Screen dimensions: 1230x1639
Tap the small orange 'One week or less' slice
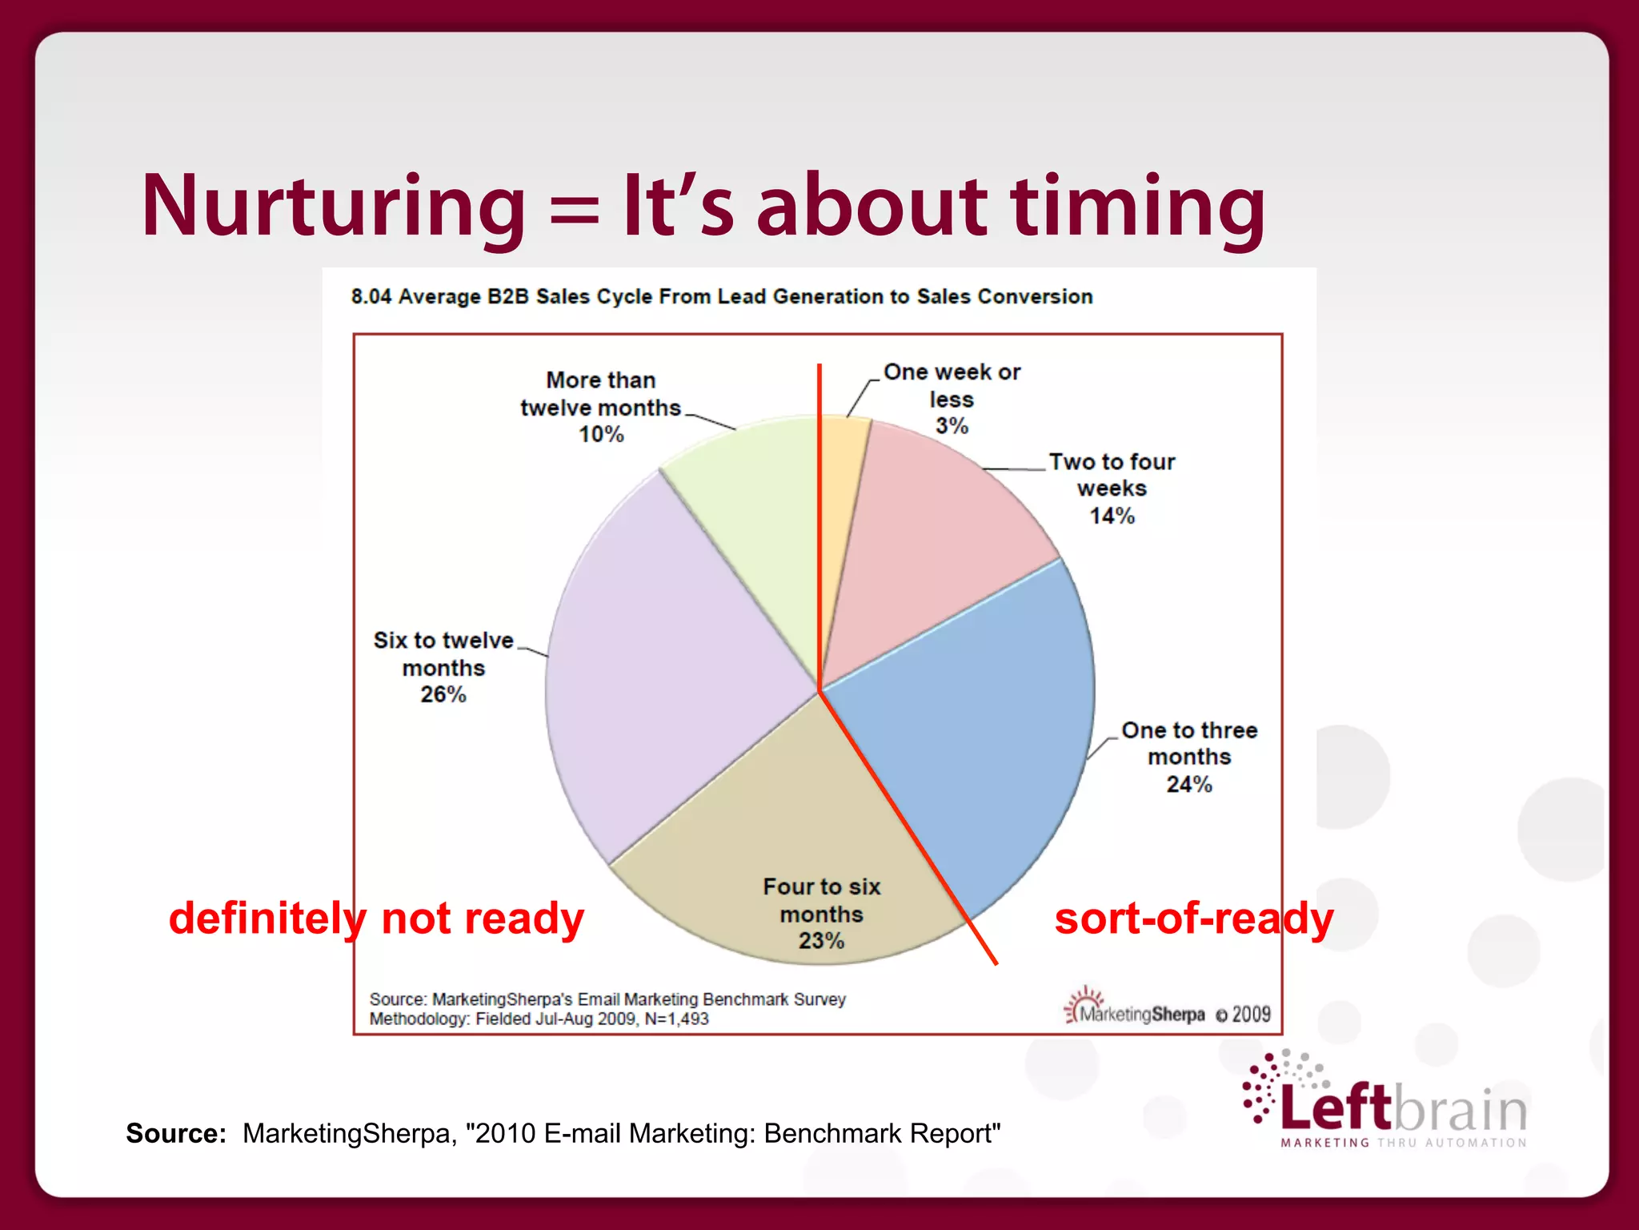(x=840, y=480)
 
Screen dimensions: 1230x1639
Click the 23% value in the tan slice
(x=821, y=940)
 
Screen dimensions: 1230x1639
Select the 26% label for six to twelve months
(x=443, y=694)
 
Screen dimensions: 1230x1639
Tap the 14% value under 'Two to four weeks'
(x=1112, y=516)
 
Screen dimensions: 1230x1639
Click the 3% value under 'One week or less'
(x=952, y=426)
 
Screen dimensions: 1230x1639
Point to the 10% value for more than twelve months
(x=601, y=434)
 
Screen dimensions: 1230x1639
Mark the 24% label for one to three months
(x=1189, y=784)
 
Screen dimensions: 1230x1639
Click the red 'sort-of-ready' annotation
(x=1193, y=918)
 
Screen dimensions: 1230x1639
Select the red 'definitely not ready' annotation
(x=376, y=918)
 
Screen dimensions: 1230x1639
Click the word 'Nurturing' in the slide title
(x=333, y=207)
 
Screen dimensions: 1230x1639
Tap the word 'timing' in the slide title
(x=1137, y=207)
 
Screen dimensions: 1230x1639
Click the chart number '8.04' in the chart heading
(x=371, y=297)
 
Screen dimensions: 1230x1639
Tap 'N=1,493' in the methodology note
(x=676, y=1019)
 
